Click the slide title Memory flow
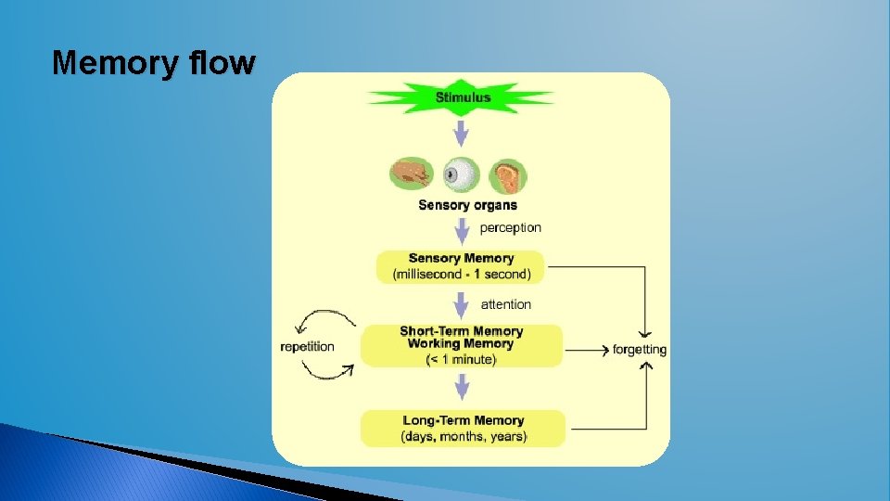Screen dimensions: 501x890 pos(153,63)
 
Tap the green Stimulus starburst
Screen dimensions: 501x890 pos(462,97)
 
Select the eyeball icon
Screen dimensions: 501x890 pos(461,173)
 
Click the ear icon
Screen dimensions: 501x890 pos(507,174)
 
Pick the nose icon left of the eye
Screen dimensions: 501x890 pos(412,174)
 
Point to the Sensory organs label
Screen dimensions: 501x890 pos(467,205)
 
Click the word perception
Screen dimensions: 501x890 pos(510,227)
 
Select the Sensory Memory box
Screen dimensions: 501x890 pos(461,266)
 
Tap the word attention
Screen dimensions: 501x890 pos(506,304)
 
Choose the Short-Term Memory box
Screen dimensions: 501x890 pos(461,345)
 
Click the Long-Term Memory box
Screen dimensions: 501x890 pos(463,428)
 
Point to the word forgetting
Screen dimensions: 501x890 pos(640,350)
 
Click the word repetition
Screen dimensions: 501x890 pos(307,347)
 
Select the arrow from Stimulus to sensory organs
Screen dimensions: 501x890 pos(461,135)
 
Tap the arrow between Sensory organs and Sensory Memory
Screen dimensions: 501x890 pos(461,232)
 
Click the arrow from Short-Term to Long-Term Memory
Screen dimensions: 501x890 pos(461,387)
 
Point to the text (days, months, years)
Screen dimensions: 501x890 pos(463,436)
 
